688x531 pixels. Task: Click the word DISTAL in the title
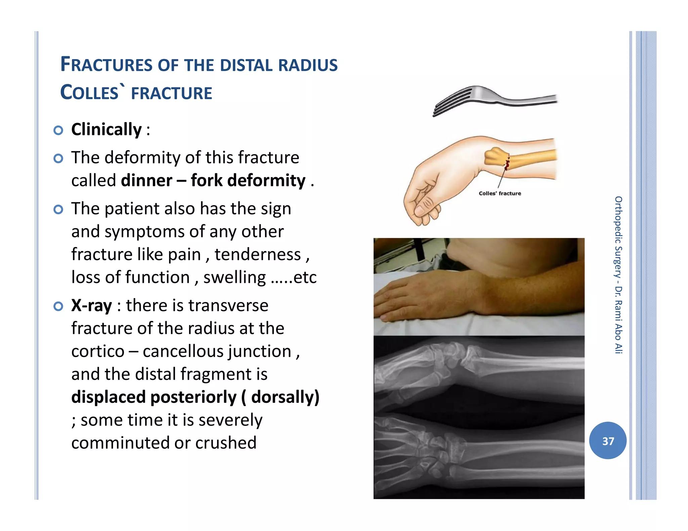[x=246, y=65]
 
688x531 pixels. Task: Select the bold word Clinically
[x=106, y=130]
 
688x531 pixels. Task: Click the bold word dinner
[x=146, y=181]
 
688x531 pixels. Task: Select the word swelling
[x=234, y=278]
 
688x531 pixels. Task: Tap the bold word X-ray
[x=91, y=306]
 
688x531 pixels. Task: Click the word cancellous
[x=217, y=352]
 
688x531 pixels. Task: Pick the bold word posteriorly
[x=193, y=397]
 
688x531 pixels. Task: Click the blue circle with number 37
[x=607, y=441]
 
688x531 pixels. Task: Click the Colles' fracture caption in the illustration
[x=500, y=194]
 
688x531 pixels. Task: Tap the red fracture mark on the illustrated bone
[x=507, y=164]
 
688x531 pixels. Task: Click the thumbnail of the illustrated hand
[x=420, y=210]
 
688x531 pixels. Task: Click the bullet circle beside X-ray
[x=58, y=306]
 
